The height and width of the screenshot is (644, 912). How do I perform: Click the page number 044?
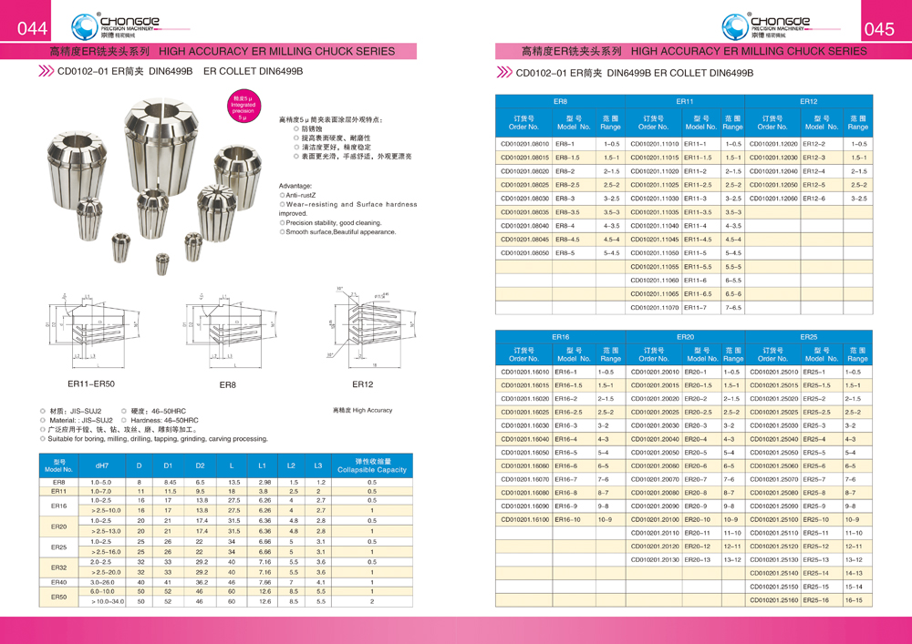[x=33, y=28]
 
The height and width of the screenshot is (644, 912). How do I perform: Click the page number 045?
[x=878, y=28]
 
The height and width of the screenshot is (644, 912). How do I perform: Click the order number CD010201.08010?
[x=524, y=144]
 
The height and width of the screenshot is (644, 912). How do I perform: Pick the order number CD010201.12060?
[x=772, y=199]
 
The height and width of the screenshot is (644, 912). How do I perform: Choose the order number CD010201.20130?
[x=655, y=559]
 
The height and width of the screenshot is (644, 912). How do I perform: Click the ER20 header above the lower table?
[x=685, y=337]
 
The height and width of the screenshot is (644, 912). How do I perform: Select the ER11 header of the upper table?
[x=685, y=102]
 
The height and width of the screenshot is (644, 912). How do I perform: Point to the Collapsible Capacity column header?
[x=372, y=465]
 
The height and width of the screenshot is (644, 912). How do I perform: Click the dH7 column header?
[x=101, y=465]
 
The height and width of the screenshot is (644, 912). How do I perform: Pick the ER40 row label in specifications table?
[x=58, y=582]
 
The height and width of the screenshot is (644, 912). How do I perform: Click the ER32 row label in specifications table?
[x=58, y=567]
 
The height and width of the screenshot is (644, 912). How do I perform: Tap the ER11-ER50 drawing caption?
[x=91, y=384]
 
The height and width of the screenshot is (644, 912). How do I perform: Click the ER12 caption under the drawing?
[x=362, y=384]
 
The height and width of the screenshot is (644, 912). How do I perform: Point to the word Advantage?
[x=295, y=185]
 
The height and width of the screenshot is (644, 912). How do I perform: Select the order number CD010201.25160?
[x=772, y=600]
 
